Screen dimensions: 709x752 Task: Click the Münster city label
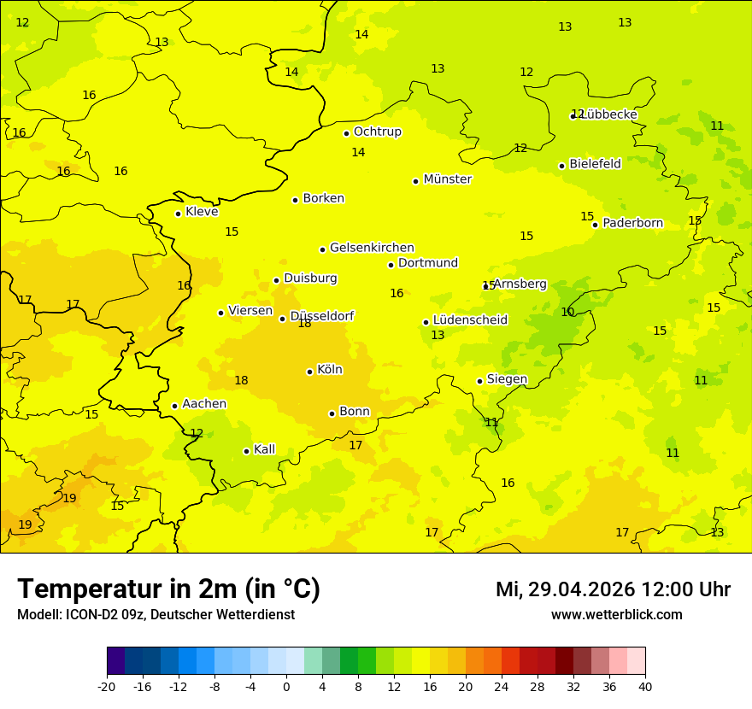pos(447,179)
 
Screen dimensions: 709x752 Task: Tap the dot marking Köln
pos(309,372)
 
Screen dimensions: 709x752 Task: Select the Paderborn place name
pos(632,223)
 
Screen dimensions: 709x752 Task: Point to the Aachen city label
pos(204,404)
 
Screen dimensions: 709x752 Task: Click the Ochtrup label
pos(377,132)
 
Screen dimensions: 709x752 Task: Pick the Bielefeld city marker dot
pos(561,166)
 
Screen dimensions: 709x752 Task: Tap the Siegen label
pos(507,379)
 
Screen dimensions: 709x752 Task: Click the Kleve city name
pos(202,212)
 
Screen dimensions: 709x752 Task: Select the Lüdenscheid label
pos(470,320)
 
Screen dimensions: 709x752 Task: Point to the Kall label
pos(264,449)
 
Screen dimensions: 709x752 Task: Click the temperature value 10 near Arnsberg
pos(567,312)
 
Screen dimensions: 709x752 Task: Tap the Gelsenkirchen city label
pos(372,248)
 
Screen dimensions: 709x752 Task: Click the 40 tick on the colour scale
pos(644,686)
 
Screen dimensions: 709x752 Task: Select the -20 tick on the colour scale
pos(107,686)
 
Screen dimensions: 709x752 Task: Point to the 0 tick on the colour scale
pos(286,686)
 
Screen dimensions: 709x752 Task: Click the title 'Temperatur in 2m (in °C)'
pos(168,589)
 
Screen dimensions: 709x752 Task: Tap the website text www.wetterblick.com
pos(616,614)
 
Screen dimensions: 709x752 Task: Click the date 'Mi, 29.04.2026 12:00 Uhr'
pos(613,589)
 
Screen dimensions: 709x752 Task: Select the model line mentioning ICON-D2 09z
pos(156,614)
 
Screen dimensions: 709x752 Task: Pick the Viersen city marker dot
pos(220,313)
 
